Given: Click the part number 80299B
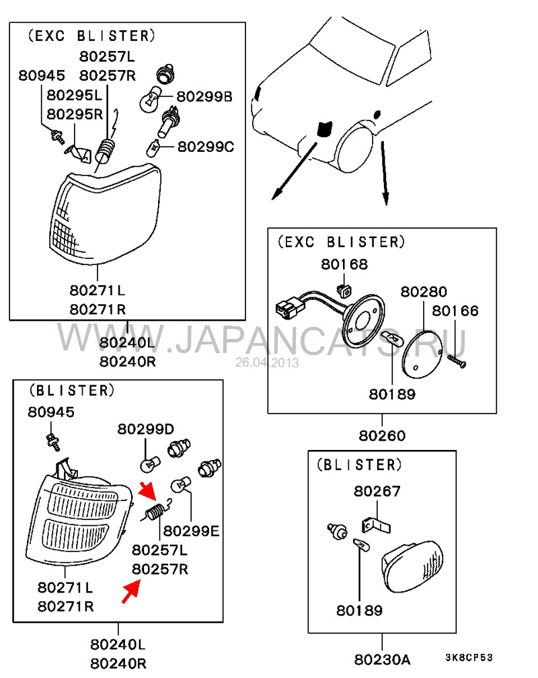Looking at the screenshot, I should pos(204,98).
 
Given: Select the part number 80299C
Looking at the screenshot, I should pos(205,146).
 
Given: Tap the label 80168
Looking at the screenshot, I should pos(344,264).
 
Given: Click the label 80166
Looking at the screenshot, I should pos(455,311).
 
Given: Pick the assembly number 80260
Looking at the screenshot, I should pos(382,436).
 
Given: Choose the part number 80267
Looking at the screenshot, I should pos(377,492).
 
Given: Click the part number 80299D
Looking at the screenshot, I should pos(146,429).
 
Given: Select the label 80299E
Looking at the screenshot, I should pos(192,531).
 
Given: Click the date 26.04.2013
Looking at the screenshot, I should pos(267,363).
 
